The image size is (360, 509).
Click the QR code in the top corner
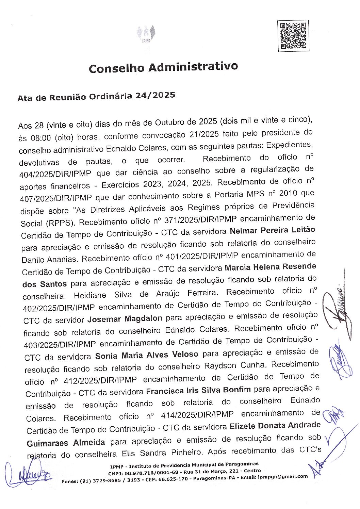coord(293,35)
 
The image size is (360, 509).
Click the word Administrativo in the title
coord(193,67)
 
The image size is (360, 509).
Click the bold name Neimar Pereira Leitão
coord(272,230)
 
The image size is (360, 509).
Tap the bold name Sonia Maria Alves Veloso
coord(147,355)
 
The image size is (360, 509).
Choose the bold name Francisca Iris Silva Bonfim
coord(198,390)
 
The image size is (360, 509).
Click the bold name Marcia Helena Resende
coord(270,267)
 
